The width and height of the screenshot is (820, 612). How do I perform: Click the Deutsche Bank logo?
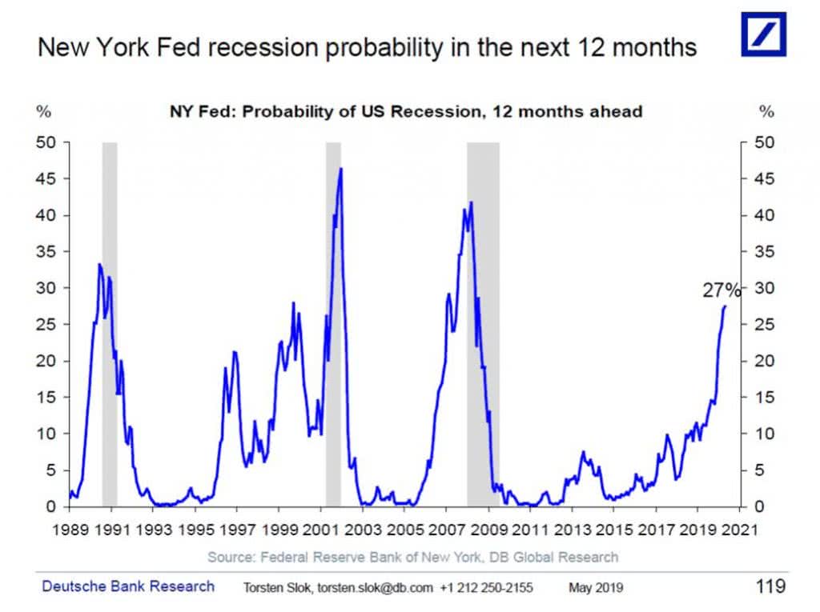pyautogui.click(x=763, y=34)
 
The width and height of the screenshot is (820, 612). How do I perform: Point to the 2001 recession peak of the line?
pyautogui.click(x=341, y=169)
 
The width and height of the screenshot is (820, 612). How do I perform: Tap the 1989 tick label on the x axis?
pyautogui.click(x=70, y=530)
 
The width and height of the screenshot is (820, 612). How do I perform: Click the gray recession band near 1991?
pyautogui.click(x=110, y=320)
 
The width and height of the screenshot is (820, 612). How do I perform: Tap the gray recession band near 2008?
pyautogui.click(x=483, y=320)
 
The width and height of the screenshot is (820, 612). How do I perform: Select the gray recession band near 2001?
pyautogui.click(x=333, y=320)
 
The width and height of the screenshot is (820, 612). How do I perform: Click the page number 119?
pyautogui.click(x=770, y=587)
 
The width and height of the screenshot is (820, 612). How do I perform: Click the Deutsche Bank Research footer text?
pyautogui.click(x=128, y=586)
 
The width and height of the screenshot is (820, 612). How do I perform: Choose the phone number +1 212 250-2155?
pyautogui.click(x=487, y=588)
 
